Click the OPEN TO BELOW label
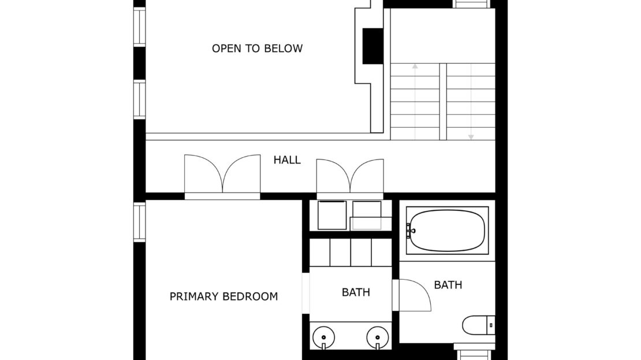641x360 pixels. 257,49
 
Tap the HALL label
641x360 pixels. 287,159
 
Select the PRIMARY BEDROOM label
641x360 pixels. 223,296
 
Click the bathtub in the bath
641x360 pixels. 447,231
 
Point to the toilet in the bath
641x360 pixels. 478,325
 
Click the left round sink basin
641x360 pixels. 324,337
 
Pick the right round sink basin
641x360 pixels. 378,337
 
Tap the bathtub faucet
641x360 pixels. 409,231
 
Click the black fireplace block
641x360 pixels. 373,46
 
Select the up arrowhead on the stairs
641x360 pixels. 415,66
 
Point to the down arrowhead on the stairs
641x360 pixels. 471,137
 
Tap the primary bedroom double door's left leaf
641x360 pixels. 203,173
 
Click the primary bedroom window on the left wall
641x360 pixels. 139,222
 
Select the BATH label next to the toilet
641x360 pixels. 448,285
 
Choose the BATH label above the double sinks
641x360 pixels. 356,292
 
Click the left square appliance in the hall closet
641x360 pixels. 332,215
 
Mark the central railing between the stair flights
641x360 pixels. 443,102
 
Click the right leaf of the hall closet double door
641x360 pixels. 367,176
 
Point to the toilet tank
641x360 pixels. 491,325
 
